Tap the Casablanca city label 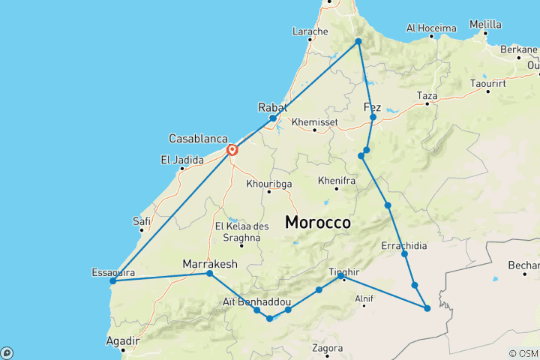click(197, 139)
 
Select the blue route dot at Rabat click(273, 118)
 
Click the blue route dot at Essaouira click(112, 281)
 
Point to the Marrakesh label click(210, 264)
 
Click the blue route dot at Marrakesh click(209, 274)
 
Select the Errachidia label click(404, 246)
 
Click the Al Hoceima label click(431, 28)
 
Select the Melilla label click(485, 24)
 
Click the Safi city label click(141, 221)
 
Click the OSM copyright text click(523, 353)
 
